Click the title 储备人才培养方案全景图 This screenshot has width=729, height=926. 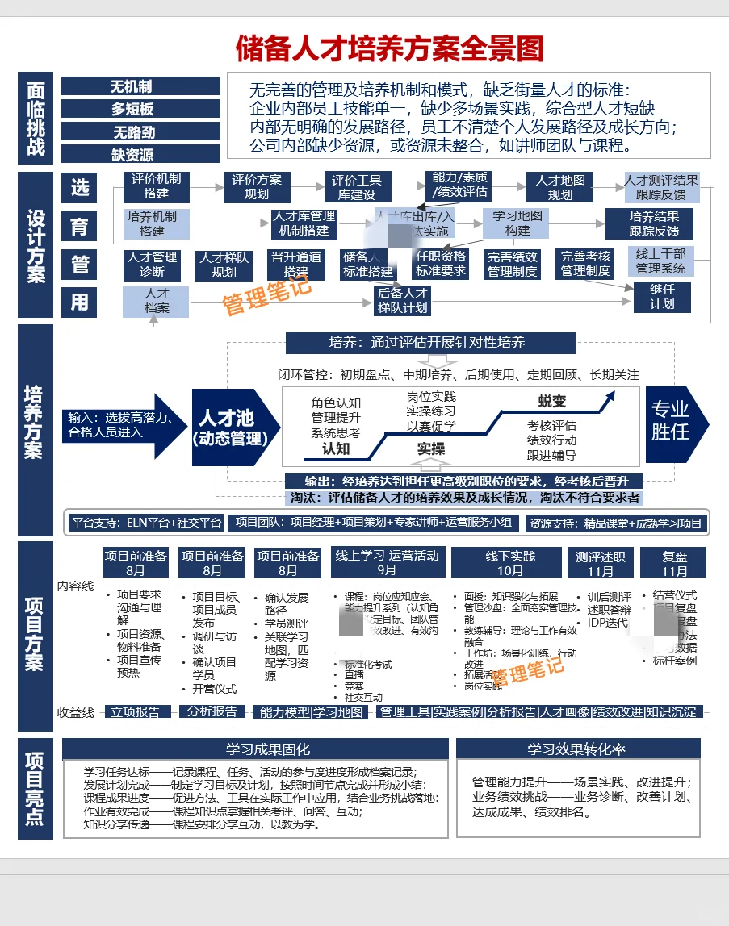click(x=389, y=48)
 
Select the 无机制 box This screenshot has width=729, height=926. click(x=140, y=86)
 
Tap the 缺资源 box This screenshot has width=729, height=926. click(x=140, y=154)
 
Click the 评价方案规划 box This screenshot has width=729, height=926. click(x=256, y=187)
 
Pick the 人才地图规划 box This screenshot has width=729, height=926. click(x=559, y=187)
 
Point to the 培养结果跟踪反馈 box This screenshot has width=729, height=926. click(x=654, y=223)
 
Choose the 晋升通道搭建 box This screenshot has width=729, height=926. click(x=295, y=265)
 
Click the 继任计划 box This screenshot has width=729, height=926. click(x=662, y=296)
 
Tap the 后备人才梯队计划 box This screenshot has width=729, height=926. click(x=402, y=301)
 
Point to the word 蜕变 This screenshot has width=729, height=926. click(x=552, y=401)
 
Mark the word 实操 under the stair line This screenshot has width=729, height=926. click(x=431, y=448)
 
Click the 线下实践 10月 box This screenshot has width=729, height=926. click(x=510, y=562)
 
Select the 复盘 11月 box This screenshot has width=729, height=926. click(x=674, y=562)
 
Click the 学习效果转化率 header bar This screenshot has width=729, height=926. click(x=576, y=749)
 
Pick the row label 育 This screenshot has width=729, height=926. click(x=79, y=226)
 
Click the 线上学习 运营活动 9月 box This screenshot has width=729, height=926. click(x=387, y=562)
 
